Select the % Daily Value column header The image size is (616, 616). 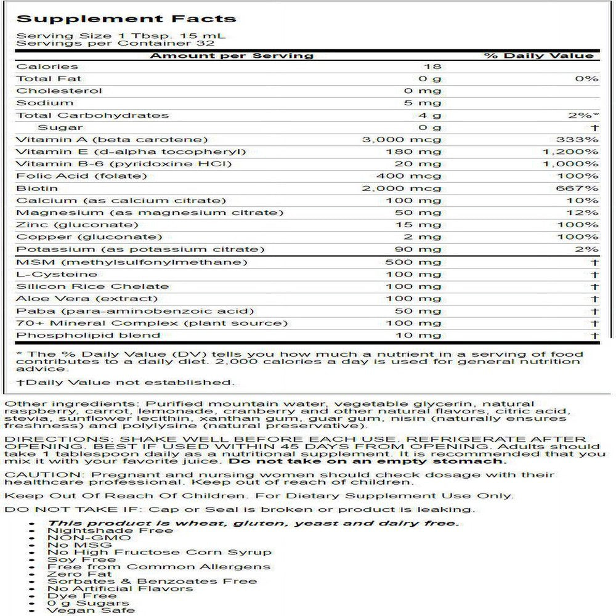tap(539, 55)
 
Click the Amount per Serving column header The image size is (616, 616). tap(232, 55)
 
